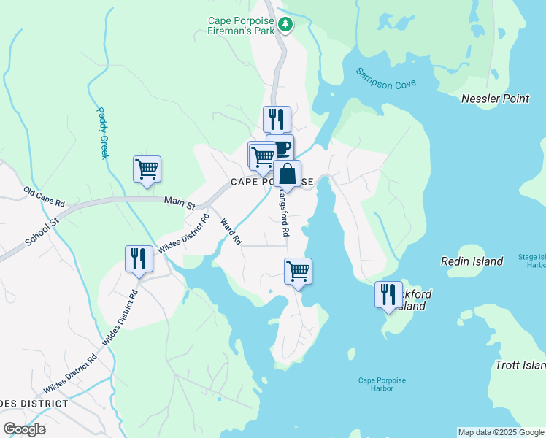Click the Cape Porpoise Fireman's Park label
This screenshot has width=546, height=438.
pos(241,26)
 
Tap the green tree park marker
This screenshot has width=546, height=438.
pos(286,26)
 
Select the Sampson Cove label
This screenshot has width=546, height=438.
pos(385,78)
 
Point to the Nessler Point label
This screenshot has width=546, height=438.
pos(496,99)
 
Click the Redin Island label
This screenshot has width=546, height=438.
pos(472,261)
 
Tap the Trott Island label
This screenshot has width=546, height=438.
pos(520,365)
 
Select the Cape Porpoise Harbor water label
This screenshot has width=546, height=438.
pos(381,384)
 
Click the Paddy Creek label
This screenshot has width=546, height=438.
pos(103,133)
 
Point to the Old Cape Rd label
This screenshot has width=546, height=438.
pos(44,196)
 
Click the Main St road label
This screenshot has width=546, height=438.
pos(180,201)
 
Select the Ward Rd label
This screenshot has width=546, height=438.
pos(231,231)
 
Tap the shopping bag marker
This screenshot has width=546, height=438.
pos(288,174)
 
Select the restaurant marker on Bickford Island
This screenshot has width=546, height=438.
pos(388,294)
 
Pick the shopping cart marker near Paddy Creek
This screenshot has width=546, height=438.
pos(147,169)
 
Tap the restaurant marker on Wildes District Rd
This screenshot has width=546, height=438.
pos(139,258)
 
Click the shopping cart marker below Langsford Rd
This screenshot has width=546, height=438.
pos(298,272)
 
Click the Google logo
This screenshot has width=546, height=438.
pos(24,429)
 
